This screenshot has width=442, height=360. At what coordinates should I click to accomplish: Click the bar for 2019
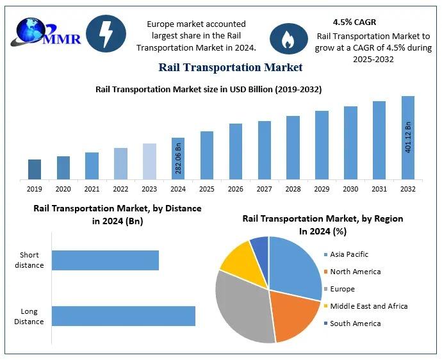point(35,169)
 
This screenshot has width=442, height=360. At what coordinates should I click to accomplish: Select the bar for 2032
point(408,138)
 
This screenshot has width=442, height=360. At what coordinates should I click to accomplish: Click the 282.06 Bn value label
point(179,159)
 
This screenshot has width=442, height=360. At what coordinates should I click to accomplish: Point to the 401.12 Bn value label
point(408,136)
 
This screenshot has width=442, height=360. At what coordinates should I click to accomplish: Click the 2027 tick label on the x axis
point(265,189)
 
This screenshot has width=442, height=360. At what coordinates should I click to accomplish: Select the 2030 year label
point(350,189)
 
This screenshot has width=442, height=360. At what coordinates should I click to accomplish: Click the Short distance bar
point(105,260)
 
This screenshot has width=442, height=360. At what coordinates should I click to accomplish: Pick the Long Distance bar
point(123,316)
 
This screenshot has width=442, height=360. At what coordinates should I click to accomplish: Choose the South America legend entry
point(355,323)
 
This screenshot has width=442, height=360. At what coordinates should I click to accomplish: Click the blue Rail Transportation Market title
point(230,67)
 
